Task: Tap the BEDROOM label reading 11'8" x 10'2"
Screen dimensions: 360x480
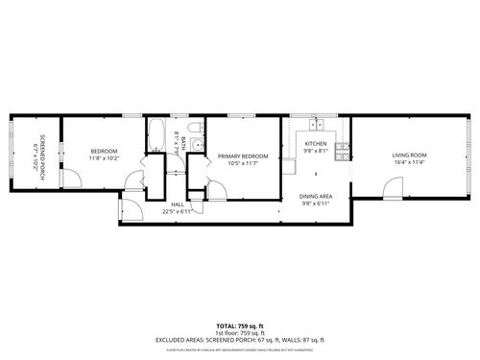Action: [x=104, y=151]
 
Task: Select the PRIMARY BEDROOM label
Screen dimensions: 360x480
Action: [x=242, y=156]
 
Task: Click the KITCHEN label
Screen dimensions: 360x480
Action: [x=316, y=143]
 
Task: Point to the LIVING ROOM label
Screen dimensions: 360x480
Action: [x=409, y=155]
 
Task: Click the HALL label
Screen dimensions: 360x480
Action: [x=178, y=204]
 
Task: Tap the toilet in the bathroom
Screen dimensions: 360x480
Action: [x=194, y=130]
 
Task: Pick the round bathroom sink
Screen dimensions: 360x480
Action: [x=195, y=146]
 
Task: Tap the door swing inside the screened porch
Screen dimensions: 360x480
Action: [x=69, y=177]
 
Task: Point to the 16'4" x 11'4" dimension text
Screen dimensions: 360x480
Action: [x=409, y=162]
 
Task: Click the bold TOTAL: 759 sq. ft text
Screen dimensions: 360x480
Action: [x=240, y=325]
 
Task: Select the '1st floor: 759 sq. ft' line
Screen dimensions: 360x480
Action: [x=240, y=332]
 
